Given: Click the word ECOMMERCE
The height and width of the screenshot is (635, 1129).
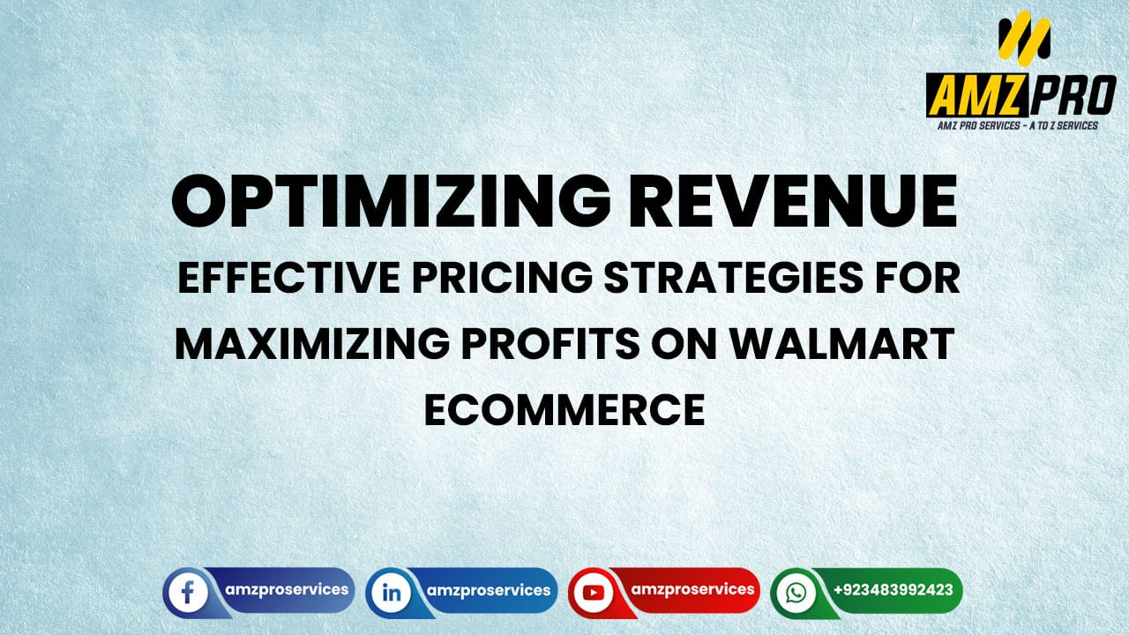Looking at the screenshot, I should (x=564, y=410).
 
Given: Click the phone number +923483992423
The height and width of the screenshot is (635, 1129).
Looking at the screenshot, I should (x=893, y=589).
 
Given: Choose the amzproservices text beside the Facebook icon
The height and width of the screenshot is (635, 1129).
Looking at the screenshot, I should (x=286, y=589).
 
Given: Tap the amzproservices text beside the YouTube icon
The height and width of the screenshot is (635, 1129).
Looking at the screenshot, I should (x=692, y=589).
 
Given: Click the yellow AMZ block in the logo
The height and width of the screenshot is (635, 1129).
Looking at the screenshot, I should (x=976, y=95).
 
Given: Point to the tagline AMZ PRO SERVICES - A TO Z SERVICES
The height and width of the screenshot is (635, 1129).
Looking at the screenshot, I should (x=1017, y=126).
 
